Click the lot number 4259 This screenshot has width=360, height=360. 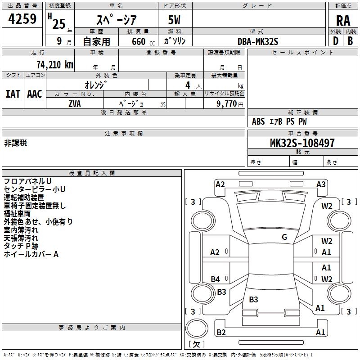click(x=22, y=18)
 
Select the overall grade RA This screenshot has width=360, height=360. click(x=343, y=21)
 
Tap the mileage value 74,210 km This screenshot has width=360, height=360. click(x=55, y=65)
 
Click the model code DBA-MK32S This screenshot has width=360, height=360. click(x=258, y=41)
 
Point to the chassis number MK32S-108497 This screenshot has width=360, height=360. click(x=302, y=143)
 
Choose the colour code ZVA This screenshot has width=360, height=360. click(x=75, y=104)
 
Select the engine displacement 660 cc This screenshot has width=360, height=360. click(x=143, y=41)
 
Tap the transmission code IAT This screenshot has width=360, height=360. click(x=13, y=94)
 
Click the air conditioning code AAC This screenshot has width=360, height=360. click(x=35, y=94)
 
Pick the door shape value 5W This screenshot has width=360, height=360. click(x=174, y=20)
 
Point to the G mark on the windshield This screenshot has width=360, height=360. click(x=284, y=237)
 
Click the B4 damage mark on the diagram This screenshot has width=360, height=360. click(x=215, y=279)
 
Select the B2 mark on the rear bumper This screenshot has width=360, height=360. click(x=221, y=332)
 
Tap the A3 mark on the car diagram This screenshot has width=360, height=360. click(x=321, y=184)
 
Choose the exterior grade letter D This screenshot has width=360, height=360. click(x=336, y=41)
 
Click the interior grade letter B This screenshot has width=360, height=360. click(x=350, y=41)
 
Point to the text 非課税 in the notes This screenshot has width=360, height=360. click(x=15, y=143)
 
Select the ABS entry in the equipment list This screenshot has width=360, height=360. click(x=258, y=121)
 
